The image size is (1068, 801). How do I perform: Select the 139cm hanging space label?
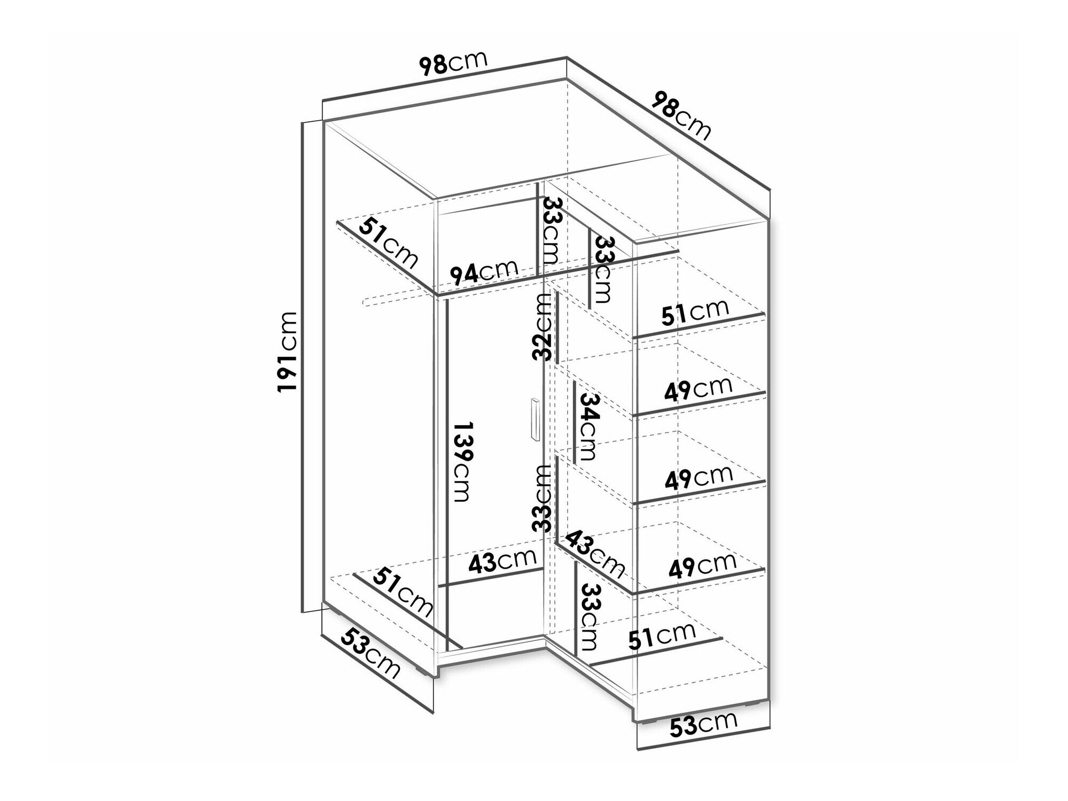pyautogui.click(x=462, y=461)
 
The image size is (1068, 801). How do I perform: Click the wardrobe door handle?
pyautogui.click(x=535, y=420)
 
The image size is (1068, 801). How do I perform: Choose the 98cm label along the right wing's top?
pyautogui.click(x=682, y=121)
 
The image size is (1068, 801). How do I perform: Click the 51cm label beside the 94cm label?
pyautogui.click(x=388, y=243)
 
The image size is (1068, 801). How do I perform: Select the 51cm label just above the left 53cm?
pyautogui.click(x=403, y=591)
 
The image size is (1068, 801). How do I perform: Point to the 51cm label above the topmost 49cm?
pyautogui.click(x=695, y=313)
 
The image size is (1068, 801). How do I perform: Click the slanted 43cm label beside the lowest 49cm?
pyautogui.click(x=594, y=554)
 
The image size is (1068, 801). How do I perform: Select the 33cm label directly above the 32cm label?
pyautogui.click(x=550, y=231)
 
